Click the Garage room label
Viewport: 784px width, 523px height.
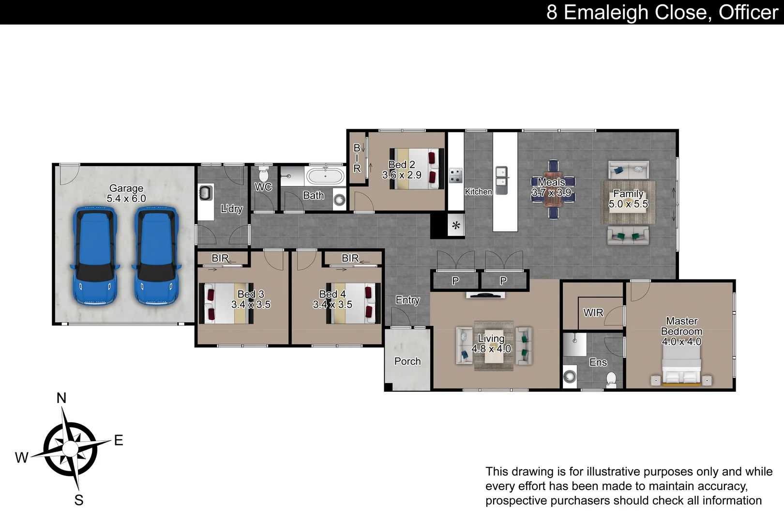(126, 188)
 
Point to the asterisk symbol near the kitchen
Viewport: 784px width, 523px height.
(456, 226)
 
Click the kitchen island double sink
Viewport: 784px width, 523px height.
(501, 177)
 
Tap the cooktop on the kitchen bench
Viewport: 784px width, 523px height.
(456, 175)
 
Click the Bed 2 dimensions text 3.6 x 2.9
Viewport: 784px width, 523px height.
(402, 175)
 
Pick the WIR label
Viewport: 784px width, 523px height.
(593, 313)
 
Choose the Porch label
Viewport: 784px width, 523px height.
(407, 361)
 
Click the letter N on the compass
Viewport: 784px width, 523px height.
(61, 398)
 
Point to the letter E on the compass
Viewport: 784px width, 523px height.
(119, 440)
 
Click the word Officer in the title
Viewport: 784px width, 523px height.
(748, 12)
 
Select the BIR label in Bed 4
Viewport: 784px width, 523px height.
(350, 258)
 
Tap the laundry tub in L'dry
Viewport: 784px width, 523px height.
(206, 192)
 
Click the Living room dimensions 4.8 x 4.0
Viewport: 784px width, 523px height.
(491, 349)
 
